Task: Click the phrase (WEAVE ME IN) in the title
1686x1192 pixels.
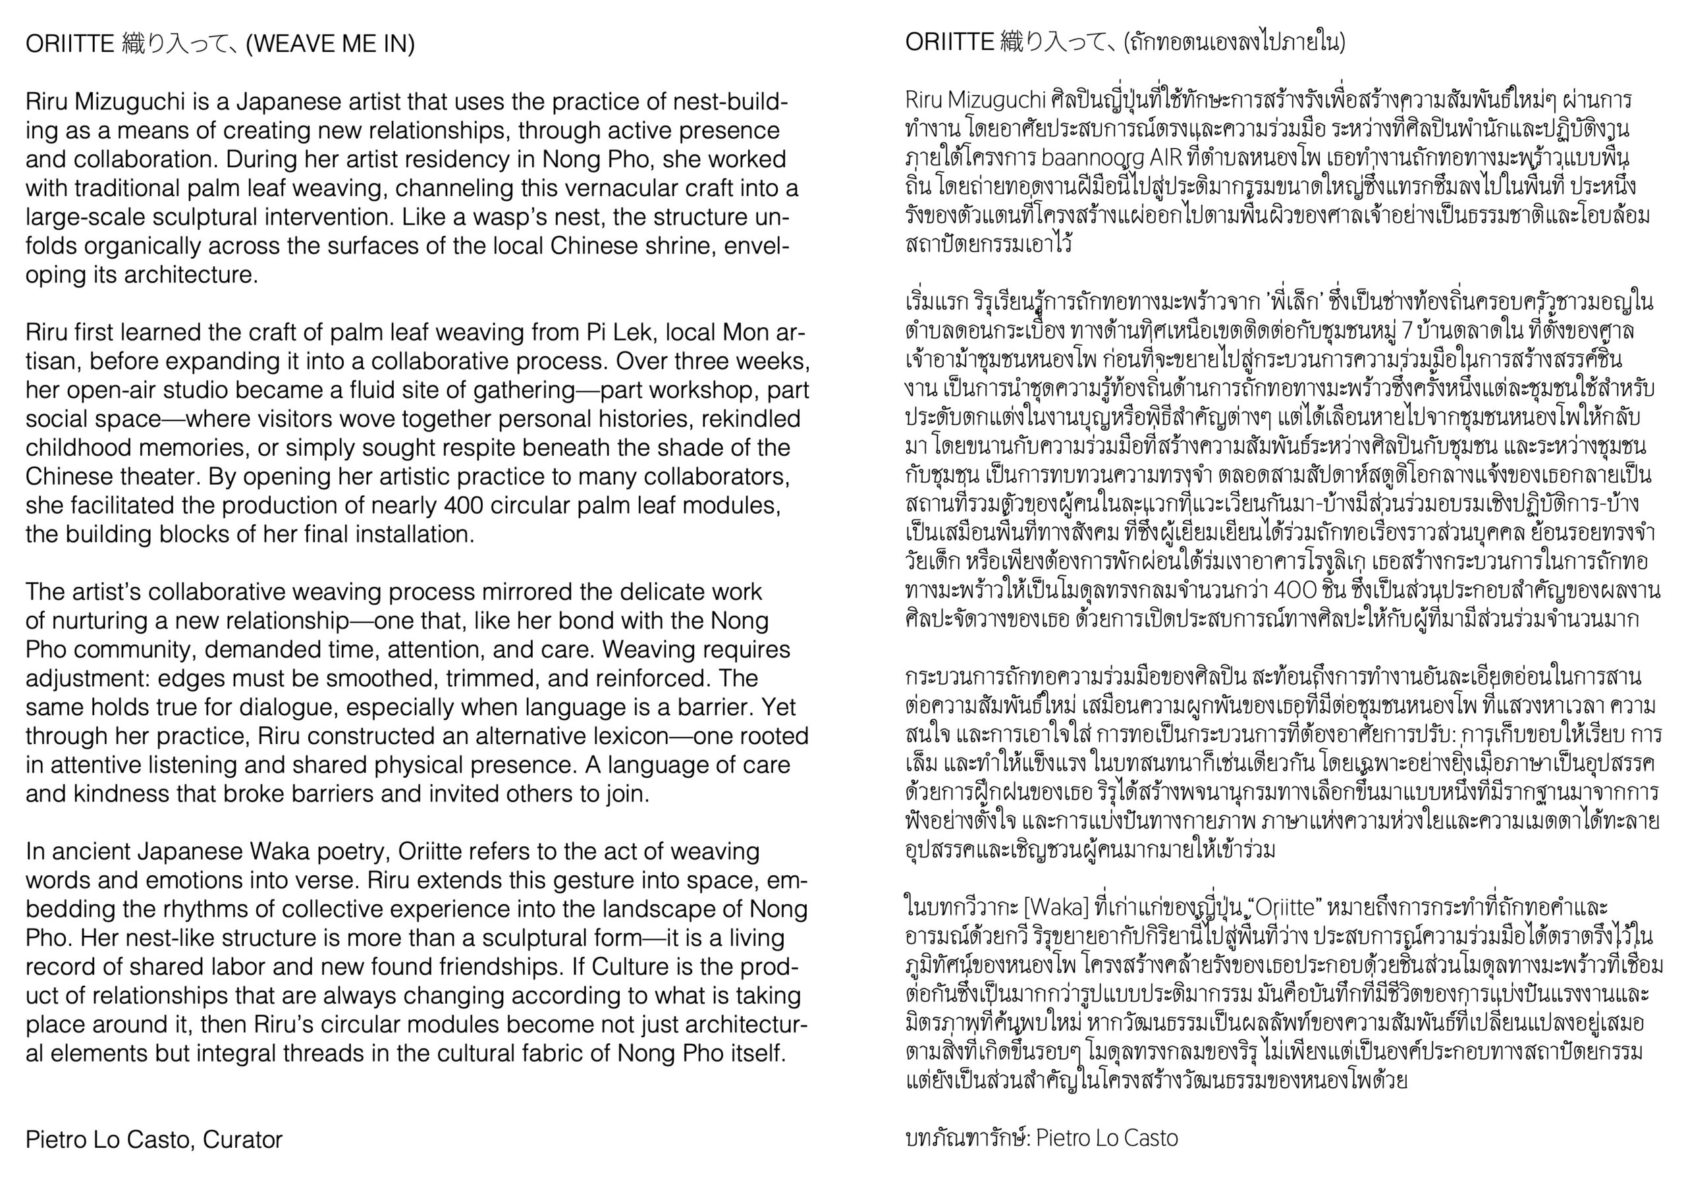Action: tap(331, 44)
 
